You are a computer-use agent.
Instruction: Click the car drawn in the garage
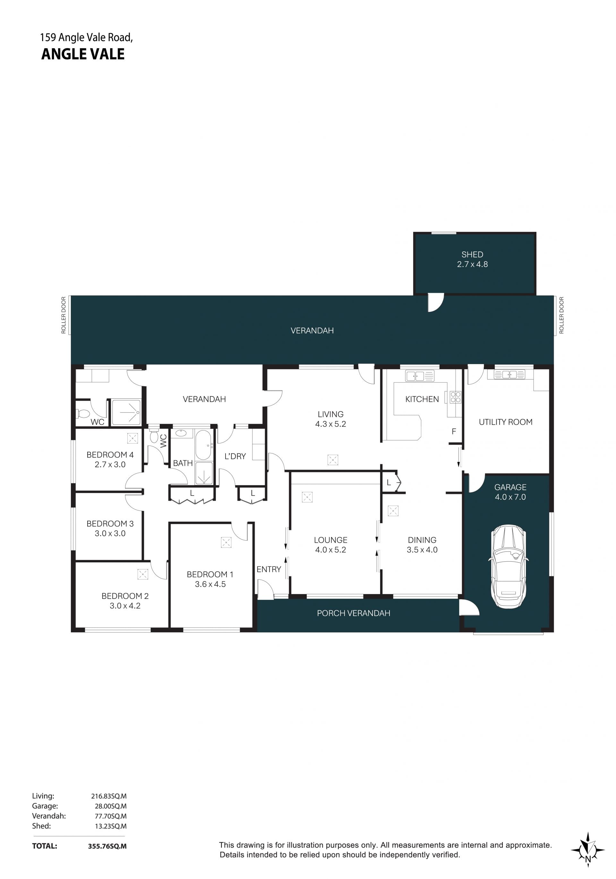(x=507, y=566)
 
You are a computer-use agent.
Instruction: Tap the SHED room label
(x=472, y=255)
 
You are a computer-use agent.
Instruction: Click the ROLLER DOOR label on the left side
(x=64, y=315)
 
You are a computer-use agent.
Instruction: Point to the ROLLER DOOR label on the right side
(x=561, y=315)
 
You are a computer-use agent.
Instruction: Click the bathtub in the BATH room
(x=203, y=445)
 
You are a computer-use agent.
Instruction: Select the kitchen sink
(x=420, y=376)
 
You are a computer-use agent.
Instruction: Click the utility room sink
(x=509, y=374)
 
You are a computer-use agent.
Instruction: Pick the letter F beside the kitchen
(x=454, y=431)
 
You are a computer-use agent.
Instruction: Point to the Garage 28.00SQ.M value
(x=111, y=806)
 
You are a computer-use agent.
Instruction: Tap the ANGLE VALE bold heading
(x=83, y=54)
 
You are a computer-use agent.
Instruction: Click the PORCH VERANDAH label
(x=353, y=613)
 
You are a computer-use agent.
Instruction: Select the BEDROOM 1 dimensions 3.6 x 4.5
(x=210, y=584)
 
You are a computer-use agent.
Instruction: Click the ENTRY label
(x=269, y=569)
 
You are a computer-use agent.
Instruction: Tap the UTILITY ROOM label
(x=505, y=422)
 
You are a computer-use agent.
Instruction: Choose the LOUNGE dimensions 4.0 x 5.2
(x=330, y=550)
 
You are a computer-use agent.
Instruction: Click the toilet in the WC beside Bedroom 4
(x=83, y=414)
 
